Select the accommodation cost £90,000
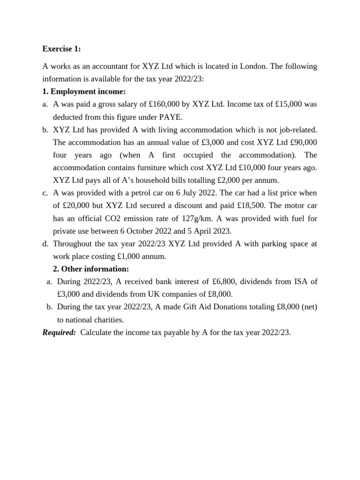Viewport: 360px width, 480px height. click(300, 142)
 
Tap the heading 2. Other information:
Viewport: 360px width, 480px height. click(91, 269)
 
